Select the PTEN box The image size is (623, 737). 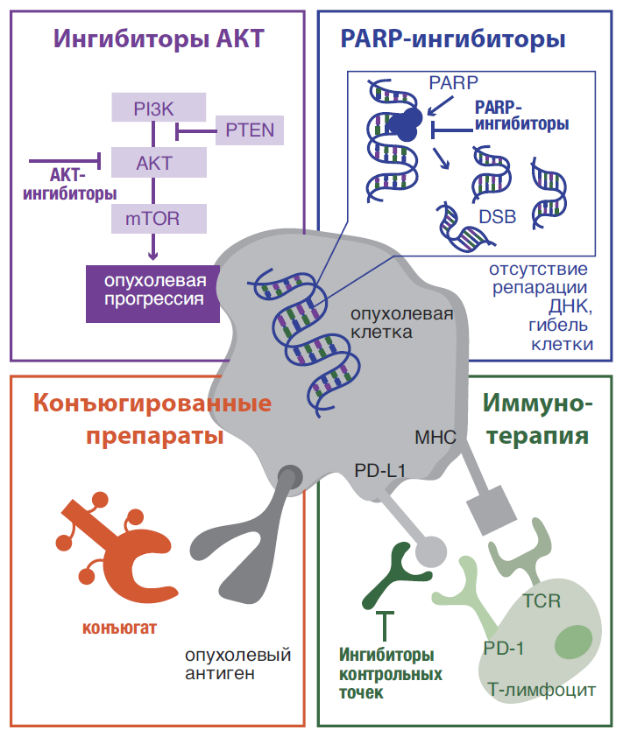250,130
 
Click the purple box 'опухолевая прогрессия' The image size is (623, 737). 151,291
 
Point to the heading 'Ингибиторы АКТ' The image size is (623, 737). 159,39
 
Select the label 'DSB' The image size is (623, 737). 497,216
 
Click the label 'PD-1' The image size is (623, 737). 503,649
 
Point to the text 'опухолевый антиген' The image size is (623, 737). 237,663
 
